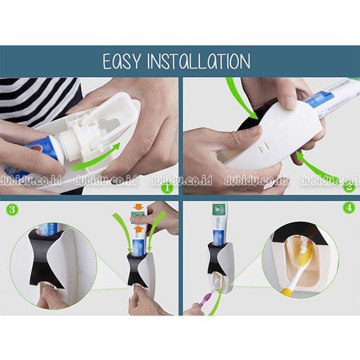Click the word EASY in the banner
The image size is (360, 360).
click(x=122, y=61)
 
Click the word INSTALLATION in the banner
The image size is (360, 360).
click(x=199, y=61)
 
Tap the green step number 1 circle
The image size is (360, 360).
click(x=167, y=187)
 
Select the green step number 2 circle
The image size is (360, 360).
click(x=349, y=187)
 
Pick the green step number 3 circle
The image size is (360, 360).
click(x=12, y=210)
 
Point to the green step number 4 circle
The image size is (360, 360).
click(x=348, y=207)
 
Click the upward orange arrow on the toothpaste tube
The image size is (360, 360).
click(x=138, y=229)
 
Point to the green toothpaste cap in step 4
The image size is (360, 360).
click(x=219, y=210)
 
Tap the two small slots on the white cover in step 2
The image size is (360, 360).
click(x=264, y=147)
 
